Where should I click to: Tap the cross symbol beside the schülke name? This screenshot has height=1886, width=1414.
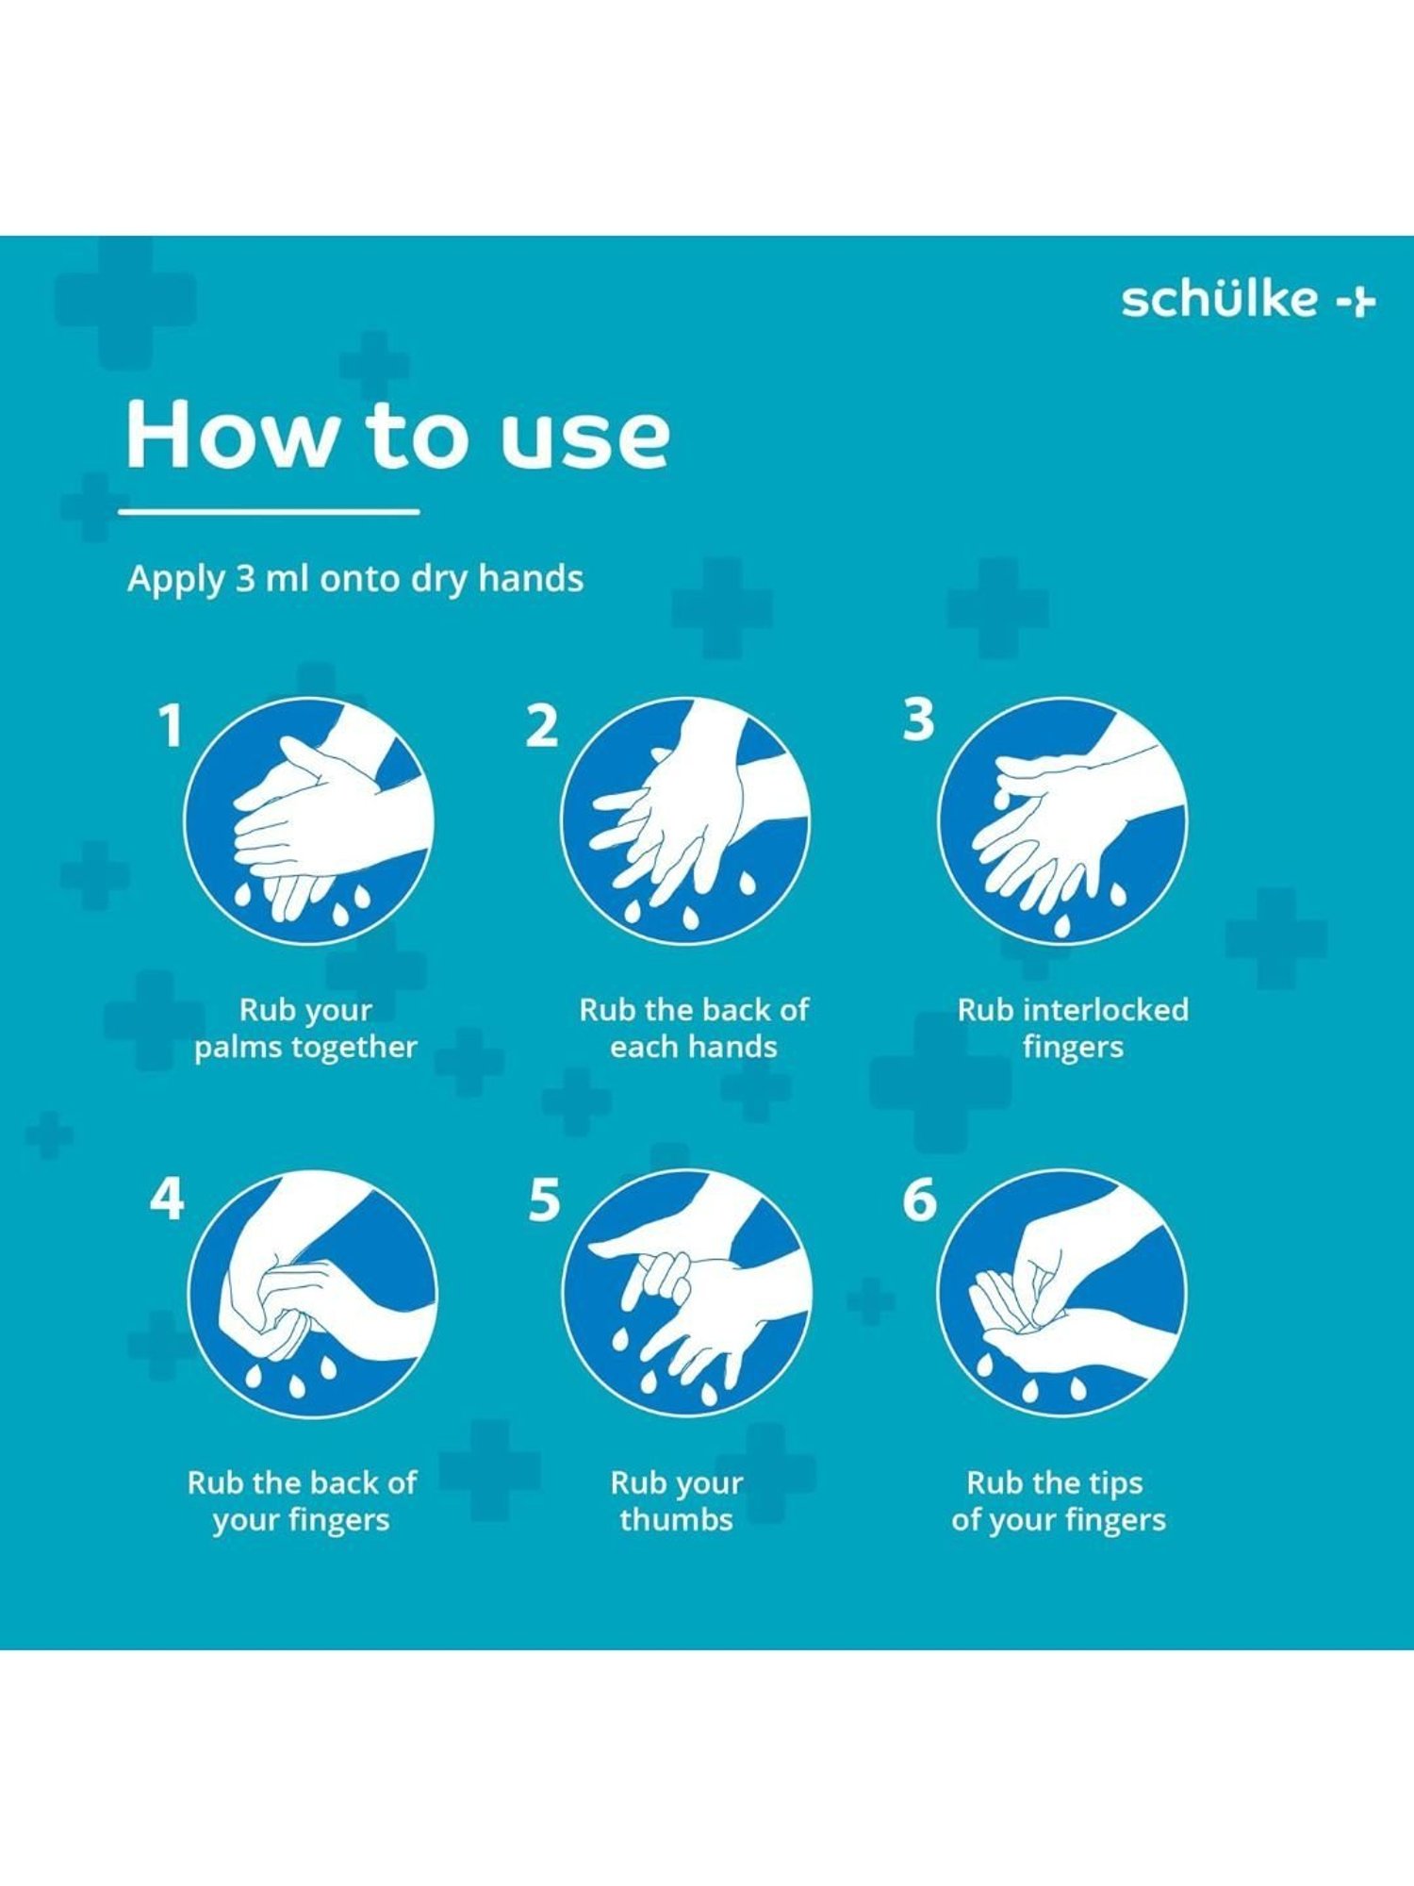click(x=1358, y=302)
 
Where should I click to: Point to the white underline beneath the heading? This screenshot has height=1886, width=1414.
click(x=269, y=512)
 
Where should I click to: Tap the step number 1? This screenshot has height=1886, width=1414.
click(x=170, y=726)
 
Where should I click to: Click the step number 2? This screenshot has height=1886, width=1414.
click(x=541, y=726)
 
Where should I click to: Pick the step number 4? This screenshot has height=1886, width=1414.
click(x=167, y=1199)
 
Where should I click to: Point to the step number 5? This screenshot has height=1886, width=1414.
click(x=544, y=1199)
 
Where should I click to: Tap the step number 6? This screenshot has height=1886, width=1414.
click(x=919, y=1199)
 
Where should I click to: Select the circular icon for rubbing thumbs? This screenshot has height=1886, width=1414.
click(x=685, y=1293)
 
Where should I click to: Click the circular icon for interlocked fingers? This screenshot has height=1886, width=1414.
click(x=1062, y=821)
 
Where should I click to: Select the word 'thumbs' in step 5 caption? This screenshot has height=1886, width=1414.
click(x=676, y=1520)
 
